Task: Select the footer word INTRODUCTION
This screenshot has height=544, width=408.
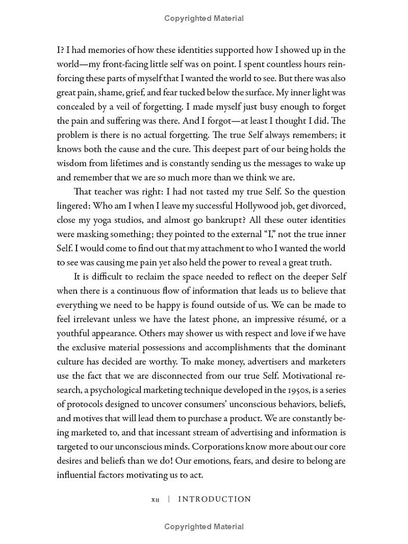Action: click(214, 499)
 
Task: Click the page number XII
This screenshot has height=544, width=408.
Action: click(156, 500)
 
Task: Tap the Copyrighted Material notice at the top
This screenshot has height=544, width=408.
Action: click(204, 18)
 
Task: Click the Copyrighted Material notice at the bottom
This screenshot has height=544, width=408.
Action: click(204, 527)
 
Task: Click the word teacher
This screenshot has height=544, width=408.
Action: click(112, 192)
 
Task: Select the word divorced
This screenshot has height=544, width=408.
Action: click(327, 206)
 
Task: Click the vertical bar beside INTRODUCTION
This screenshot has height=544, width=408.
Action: click(169, 499)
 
